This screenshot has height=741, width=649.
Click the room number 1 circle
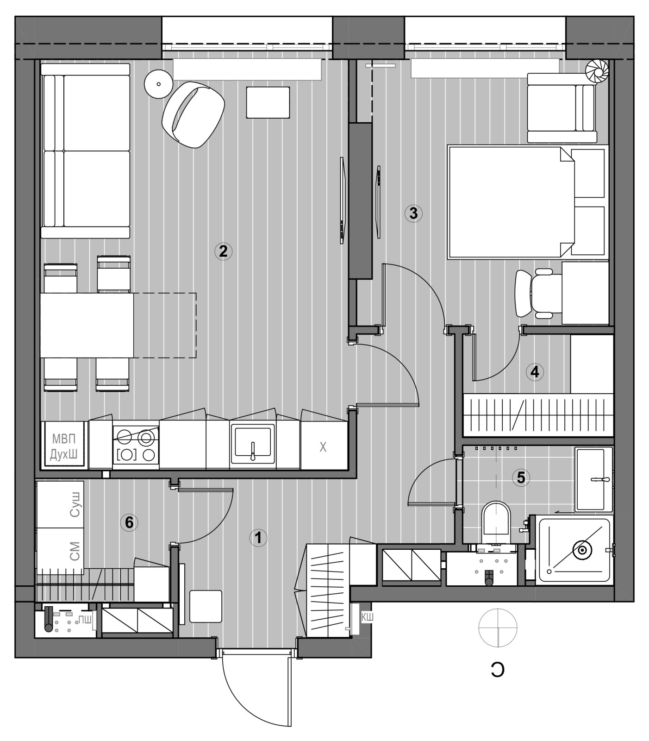[258, 538]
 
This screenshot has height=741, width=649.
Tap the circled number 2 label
[223, 251]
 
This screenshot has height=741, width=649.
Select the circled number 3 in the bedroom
[413, 213]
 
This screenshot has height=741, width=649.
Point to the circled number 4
[535, 371]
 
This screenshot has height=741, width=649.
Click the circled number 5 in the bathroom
[521, 477]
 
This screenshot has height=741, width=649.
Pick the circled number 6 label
[129, 522]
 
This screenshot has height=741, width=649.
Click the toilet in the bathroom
[496, 523]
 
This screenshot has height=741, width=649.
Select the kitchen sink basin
[253, 445]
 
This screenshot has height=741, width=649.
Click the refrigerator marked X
[324, 446]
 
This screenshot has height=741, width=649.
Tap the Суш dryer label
[75, 505]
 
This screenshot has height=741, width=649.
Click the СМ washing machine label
[75, 551]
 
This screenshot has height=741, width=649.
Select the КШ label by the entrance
[367, 617]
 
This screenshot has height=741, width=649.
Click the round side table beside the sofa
[159, 84]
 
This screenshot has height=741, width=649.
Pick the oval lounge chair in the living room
[193, 114]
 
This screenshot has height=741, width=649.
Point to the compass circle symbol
[498, 628]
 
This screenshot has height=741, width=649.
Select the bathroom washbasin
[593, 479]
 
